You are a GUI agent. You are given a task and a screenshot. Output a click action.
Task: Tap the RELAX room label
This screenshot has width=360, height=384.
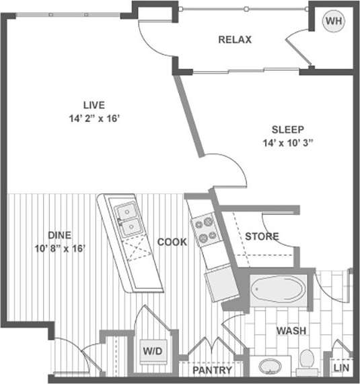click(x=235, y=40)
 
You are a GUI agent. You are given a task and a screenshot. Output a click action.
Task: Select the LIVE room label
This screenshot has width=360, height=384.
click(x=94, y=104)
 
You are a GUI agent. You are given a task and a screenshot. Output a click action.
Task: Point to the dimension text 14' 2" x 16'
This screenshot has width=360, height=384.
click(x=94, y=118)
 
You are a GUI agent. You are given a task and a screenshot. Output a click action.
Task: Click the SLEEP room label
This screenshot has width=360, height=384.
click(x=288, y=129)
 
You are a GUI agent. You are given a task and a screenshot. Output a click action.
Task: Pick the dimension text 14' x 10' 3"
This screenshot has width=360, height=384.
click(x=288, y=143)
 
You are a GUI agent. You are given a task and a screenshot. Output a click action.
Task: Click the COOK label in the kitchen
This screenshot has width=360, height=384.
click(x=172, y=242)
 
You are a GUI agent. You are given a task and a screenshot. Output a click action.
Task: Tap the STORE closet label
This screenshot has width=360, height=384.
click(x=262, y=236)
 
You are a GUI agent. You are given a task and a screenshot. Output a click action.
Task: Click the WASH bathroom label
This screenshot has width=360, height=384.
click(x=291, y=331)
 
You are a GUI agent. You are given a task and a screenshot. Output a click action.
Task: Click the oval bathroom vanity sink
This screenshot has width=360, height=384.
click(x=271, y=367)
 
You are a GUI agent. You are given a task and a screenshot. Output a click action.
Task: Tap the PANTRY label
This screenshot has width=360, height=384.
click(x=212, y=371)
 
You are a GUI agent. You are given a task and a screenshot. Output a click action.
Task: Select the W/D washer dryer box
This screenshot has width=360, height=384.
click(x=151, y=350)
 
